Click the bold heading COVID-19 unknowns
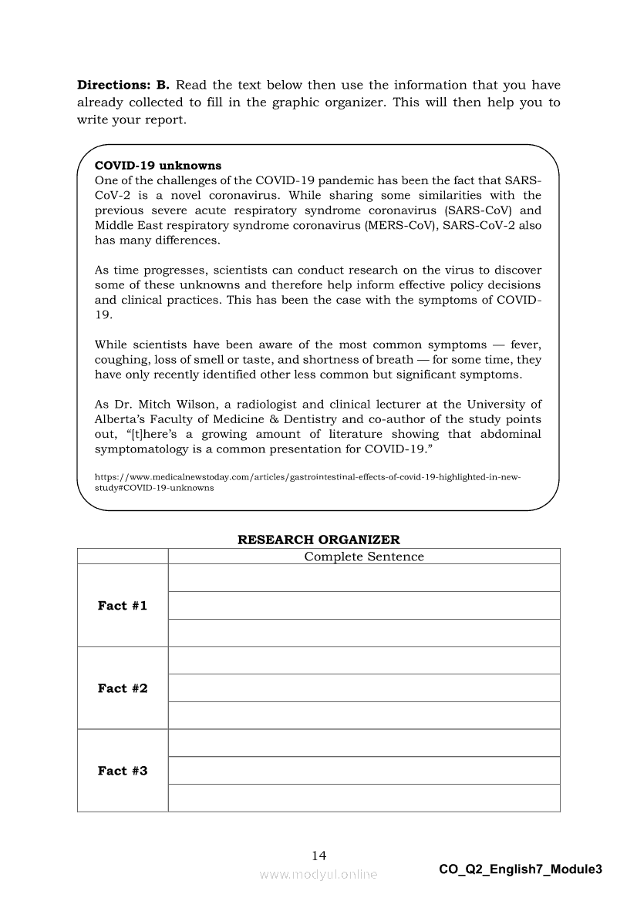(157, 166)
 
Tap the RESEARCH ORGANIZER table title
(318, 540)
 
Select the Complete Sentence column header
(364, 556)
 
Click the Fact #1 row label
(123, 606)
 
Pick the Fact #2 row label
(123, 688)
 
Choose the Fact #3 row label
(123, 771)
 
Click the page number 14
(318, 856)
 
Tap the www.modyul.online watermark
(318, 874)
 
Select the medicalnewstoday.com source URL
(307, 482)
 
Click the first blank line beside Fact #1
(364, 578)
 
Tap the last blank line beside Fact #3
(364, 798)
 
